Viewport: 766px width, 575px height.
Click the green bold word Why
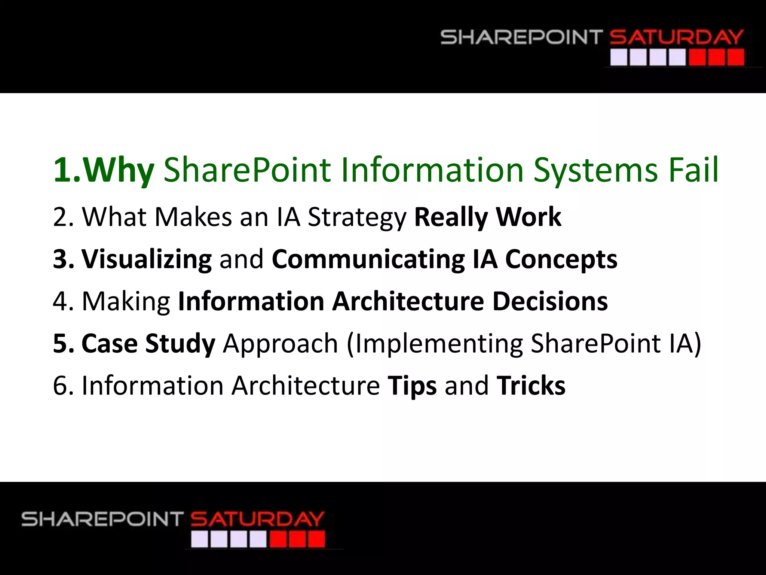point(118,171)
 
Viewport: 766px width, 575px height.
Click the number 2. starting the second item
point(63,217)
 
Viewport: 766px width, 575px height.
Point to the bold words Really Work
point(487,217)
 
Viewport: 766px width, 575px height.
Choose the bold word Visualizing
point(147,259)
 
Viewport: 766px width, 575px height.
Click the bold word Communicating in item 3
point(368,259)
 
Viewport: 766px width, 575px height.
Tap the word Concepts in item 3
point(561,259)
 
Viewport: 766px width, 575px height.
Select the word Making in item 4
point(126,302)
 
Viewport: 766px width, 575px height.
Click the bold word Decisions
point(550,301)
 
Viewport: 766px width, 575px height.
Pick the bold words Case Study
point(148,344)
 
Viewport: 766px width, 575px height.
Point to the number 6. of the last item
point(63,386)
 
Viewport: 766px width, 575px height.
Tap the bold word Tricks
point(531,386)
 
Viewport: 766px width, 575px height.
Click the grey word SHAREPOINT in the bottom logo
point(102,520)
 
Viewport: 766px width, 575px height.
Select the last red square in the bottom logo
point(316,540)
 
